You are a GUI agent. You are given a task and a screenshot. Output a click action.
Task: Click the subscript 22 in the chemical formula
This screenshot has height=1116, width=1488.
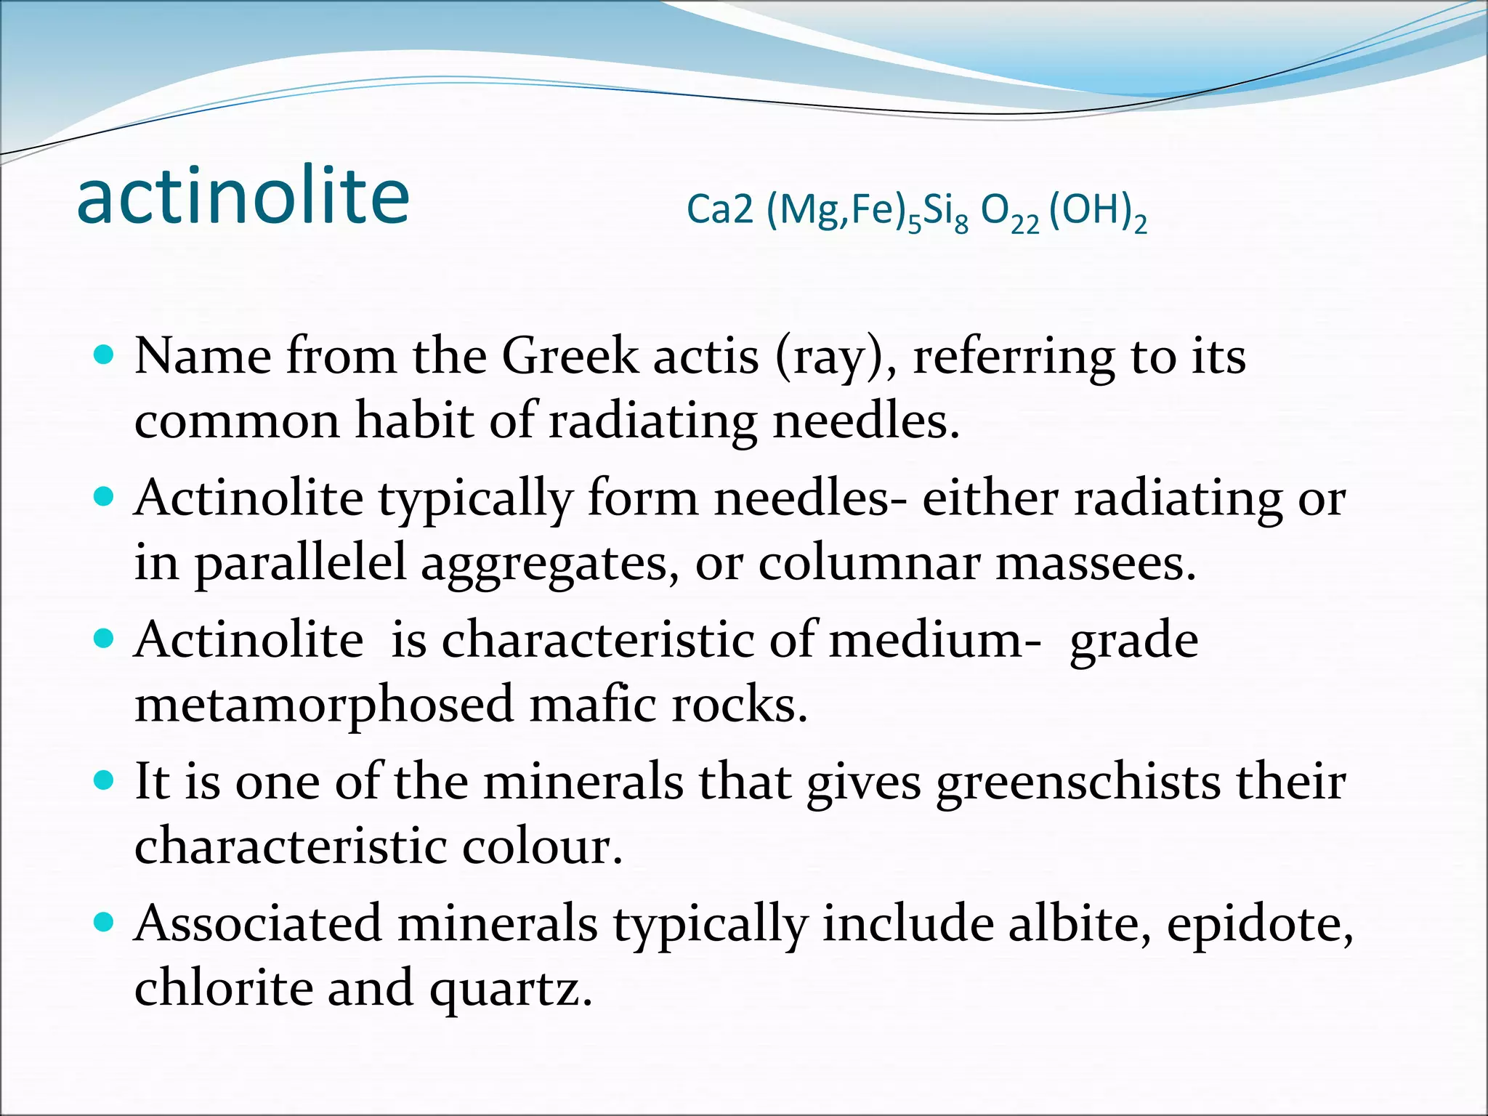pos(1024,226)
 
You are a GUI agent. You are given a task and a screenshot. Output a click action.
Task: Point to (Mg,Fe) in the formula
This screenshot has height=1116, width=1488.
pos(836,211)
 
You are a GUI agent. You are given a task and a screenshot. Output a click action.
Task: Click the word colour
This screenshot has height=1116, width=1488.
pos(542,846)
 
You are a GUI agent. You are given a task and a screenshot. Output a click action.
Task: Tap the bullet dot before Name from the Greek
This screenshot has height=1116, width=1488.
pos(105,355)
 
